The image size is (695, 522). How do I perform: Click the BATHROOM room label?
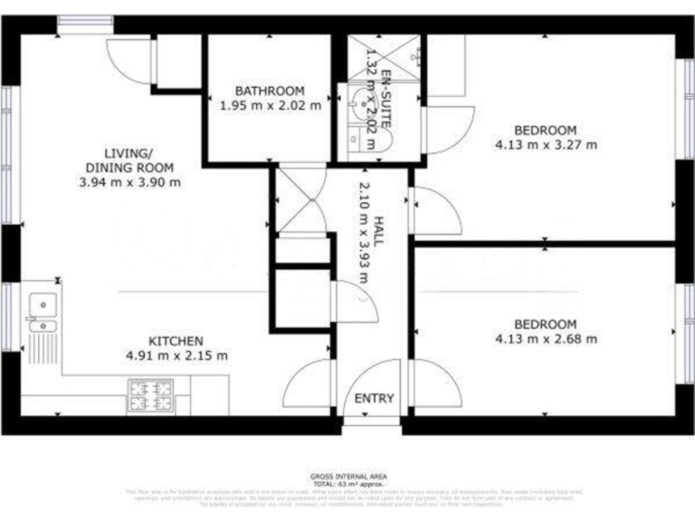click(270, 91)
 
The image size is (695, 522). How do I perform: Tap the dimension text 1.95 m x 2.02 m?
click(270, 105)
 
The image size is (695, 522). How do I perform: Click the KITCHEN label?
click(176, 340)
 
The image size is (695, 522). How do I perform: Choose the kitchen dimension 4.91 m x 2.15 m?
click(176, 355)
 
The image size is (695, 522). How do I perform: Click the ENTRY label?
click(374, 399)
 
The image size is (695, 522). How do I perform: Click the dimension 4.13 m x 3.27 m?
click(546, 144)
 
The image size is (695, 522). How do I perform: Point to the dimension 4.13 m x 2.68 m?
click(546, 339)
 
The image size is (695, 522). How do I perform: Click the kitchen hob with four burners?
click(150, 393)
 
